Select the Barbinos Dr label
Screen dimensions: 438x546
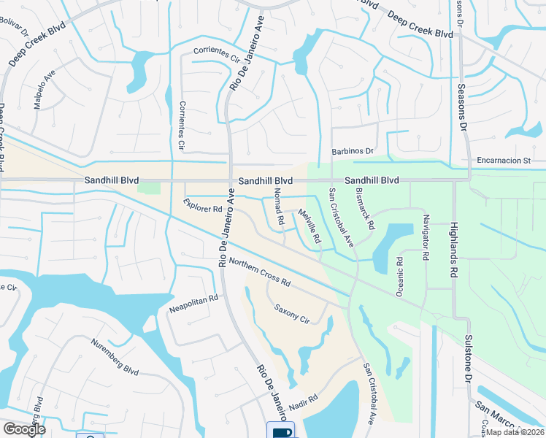(x=352, y=151)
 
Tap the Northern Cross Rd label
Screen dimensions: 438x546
(x=260, y=272)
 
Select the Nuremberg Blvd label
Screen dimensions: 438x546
(x=115, y=358)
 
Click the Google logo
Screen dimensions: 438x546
(x=23, y=429)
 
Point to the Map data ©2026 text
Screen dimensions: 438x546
(x=513, y=432)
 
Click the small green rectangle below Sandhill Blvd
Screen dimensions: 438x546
(x=148, y=188)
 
